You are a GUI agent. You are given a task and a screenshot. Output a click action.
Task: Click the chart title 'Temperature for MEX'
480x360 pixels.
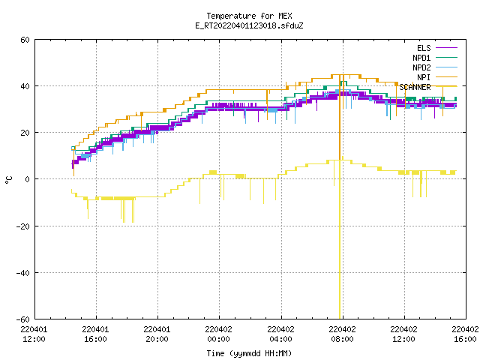[x=249, y=16]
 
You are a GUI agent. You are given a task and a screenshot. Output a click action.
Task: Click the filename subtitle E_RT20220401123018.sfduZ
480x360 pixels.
[x=249, y=25]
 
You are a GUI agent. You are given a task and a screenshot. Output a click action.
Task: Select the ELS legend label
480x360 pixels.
[x=424, y=48]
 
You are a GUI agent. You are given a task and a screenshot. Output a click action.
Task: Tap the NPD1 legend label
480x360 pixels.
[x=421, y=58]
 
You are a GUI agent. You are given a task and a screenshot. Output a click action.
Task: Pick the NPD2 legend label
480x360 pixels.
[x=421, y=67]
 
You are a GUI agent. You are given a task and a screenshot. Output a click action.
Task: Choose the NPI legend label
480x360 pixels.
[x=424, y=77]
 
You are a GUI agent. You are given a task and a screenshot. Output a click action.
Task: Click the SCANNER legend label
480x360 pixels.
[x=415, y=87]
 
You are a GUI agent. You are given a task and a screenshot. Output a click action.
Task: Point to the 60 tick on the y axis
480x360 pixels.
[x=25, y=40]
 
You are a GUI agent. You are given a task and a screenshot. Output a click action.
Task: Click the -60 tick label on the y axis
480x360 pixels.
[x=22, y=319]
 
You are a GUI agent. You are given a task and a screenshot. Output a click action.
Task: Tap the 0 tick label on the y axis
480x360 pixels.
[x=28, y=179]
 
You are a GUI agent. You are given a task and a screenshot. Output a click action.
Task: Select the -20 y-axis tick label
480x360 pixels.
[x=22, y=226]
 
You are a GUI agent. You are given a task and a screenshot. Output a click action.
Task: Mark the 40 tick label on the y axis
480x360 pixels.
[x=25, y=86]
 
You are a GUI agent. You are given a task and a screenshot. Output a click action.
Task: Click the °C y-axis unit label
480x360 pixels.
[x=9, y=180]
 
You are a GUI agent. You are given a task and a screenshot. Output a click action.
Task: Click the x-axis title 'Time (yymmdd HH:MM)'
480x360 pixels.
[x=249, y=353]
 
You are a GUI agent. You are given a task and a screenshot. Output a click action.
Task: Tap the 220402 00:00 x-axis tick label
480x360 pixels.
[x=218, y=334]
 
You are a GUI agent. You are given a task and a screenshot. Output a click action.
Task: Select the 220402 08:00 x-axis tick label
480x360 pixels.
[x=342, y=334]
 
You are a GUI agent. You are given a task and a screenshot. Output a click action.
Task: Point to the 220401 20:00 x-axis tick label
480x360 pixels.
[x=157, y=334]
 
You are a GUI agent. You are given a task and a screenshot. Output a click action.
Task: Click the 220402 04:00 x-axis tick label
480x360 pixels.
[x=280, y=334]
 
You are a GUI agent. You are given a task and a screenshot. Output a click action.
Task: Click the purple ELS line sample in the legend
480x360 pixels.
[x=446, y=48]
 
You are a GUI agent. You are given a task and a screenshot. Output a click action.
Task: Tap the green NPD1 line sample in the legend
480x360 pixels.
[x=446, y=57]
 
